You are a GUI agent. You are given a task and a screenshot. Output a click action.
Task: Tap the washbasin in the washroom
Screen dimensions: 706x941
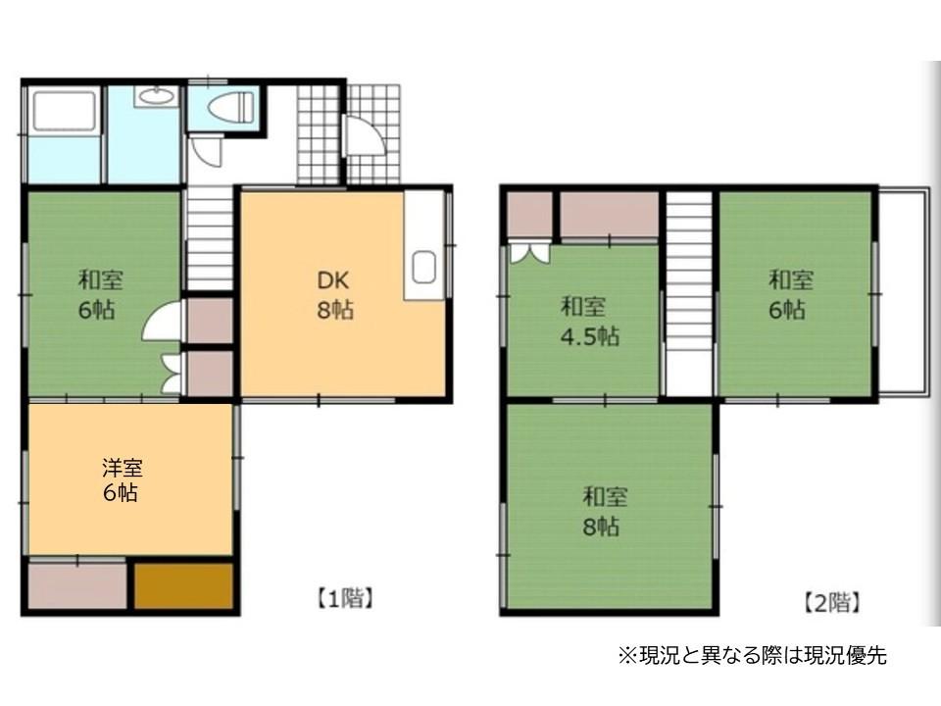pyautogui.click(x=155, y=96)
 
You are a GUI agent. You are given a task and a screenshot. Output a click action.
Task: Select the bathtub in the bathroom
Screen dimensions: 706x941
pyautogui.click(x=63, y=111)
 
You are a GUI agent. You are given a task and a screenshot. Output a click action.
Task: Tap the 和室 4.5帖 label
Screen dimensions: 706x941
pyautogui.click(x=589, y=321)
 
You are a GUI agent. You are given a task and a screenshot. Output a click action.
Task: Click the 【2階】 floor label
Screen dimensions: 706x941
pyautogui.click(x=832, y=602)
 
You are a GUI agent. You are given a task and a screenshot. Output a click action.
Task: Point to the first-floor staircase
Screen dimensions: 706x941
pyautogui.click(x=210, y=238)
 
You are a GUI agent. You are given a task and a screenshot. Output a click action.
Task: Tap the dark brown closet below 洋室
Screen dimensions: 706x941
pyautogui.click(x=183, y=585)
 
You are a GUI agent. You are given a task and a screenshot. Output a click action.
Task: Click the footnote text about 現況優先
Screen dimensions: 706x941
pyautogui.click(x=752, y=656)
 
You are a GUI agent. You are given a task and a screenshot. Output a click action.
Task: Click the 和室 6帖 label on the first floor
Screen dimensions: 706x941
pyautogui.click(x=101, y=294)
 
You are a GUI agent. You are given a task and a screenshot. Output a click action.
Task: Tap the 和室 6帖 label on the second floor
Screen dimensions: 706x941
pyautogui.click(x=789, y=294)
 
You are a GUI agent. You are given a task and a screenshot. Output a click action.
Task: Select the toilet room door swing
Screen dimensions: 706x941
pyautogui.click(x=208, y=150)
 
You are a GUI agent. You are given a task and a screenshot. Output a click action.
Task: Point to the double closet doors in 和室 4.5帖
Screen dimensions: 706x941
pyautogui.click(x=530, y=252)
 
